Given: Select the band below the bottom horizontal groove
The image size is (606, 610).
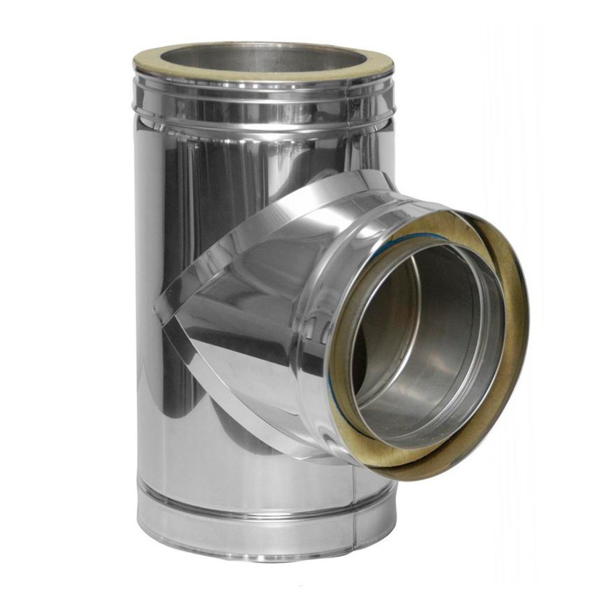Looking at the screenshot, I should point(250,530).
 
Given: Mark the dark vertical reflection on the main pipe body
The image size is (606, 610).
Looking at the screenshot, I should point(173,238).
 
